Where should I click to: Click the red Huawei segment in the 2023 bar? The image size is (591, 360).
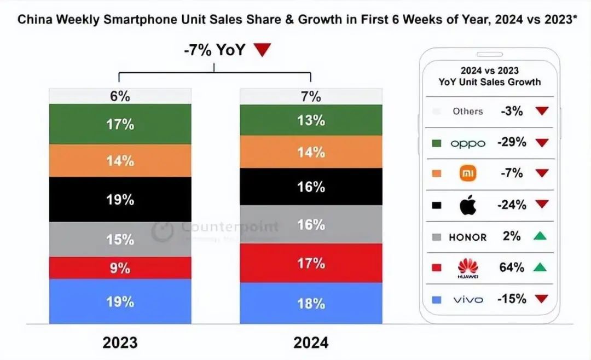point(120,268)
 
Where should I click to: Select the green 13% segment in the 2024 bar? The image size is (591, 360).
point(311,120)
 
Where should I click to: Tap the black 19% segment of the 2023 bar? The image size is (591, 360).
point(120,199)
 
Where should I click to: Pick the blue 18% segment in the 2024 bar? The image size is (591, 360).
point(311,303)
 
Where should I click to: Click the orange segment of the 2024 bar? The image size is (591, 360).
point(311,152)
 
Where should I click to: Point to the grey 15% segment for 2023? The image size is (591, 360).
point(120,239)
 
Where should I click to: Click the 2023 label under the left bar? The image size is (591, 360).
point(120,342)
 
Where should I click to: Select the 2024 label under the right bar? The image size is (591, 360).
point(311,342)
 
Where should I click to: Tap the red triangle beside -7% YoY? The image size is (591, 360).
point(263,51)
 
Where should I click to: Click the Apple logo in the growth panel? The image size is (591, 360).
point(468,205)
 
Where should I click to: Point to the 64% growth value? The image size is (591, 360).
point(512,268)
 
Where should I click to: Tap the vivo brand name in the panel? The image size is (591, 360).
point(468,300)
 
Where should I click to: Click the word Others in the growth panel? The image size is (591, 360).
point(468,111)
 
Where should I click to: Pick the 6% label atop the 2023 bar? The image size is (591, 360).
point(120,96)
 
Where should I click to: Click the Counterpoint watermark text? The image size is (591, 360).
point(229,227)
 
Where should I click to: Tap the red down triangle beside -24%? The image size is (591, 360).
point(541,205)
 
